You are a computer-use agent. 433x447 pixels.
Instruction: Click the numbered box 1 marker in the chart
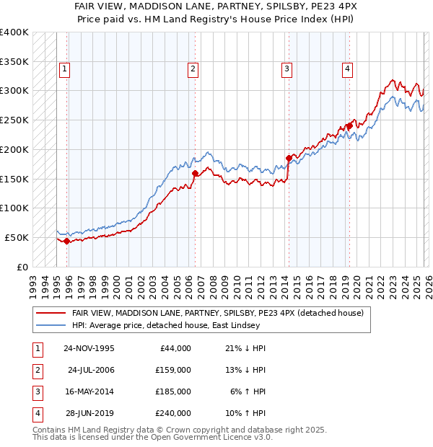click(x=64, y=69)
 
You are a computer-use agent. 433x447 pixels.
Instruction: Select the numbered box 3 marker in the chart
click(x=287, y=69)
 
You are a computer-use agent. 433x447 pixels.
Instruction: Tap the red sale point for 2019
click(x=349, y=126)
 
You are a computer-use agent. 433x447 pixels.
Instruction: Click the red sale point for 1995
click(x=66, y=242)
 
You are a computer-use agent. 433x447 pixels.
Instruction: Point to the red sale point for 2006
click(x=195, y=173)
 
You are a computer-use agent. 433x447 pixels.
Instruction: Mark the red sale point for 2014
click(x=289, y=158)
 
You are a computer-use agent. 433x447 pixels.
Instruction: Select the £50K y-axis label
click(x=17, y=237)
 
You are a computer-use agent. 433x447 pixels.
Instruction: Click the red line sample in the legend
click(x=51, y=313)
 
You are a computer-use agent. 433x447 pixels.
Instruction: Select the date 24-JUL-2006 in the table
click(x=92, y=370)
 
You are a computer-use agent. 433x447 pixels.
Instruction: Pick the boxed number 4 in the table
click(x=36, y=413)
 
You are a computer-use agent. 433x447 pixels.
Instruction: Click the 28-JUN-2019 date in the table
click(x=91, y=413)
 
